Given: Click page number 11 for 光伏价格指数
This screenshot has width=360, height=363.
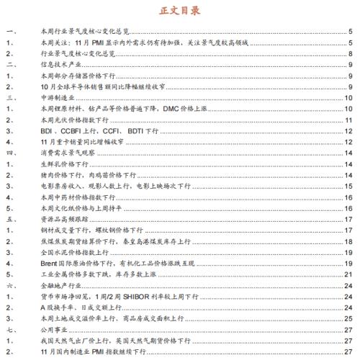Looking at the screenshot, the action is click(x=348, y=120).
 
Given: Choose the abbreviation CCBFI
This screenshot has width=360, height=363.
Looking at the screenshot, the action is click(x=77, y=130).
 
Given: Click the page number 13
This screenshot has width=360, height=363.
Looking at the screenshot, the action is click(x=348, y=142).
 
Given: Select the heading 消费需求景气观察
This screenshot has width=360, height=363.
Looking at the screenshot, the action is click(x=63, y=153).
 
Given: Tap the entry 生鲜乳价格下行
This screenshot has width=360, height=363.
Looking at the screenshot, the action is click(x=63, y=164).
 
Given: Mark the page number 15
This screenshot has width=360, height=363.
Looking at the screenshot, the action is click(x=348, y=186).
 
